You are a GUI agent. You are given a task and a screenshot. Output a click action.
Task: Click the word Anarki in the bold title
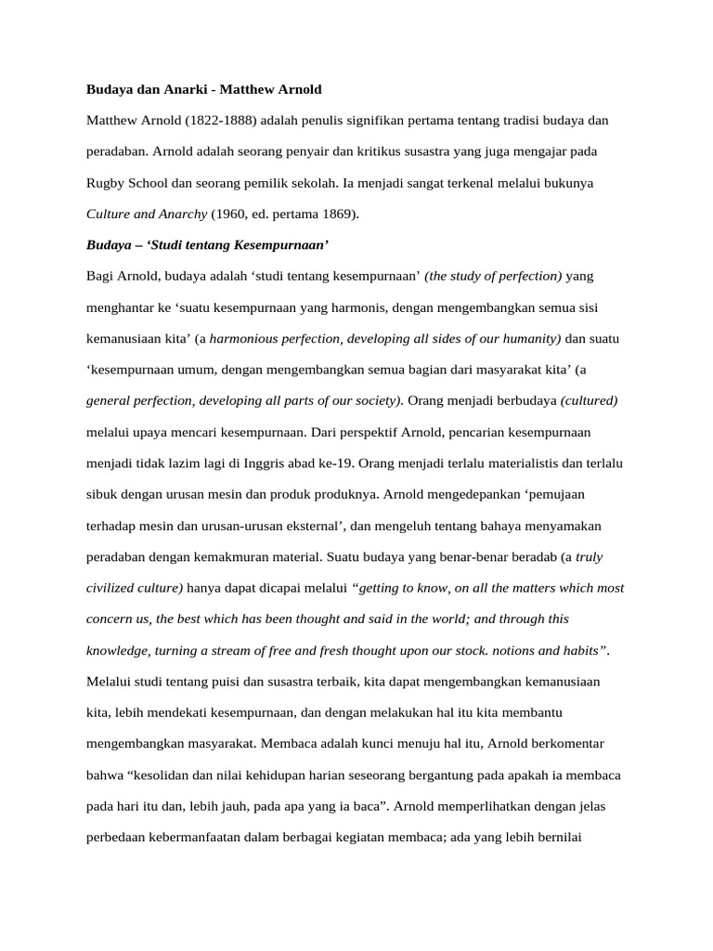point(175,90)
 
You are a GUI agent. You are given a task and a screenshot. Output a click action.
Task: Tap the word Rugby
point(107,183)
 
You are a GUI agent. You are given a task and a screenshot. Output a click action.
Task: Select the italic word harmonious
point(245,338)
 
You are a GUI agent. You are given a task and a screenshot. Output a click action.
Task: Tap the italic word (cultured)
point(590,400)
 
